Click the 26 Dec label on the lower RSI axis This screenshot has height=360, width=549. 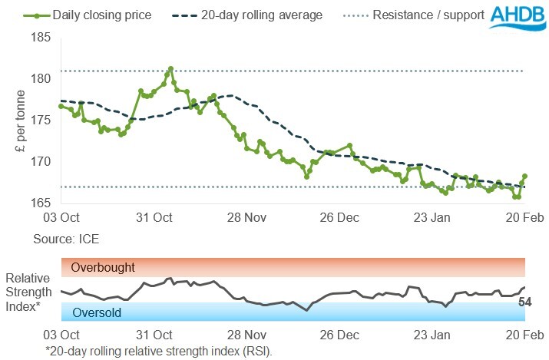[339, 336]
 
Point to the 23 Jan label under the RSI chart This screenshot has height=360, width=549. [432, 336]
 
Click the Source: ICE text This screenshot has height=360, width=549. [66, 239]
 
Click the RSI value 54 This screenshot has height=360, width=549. [526, 302]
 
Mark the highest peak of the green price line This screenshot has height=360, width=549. [170, 68]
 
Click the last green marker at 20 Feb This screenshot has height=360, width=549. [525, 177]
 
